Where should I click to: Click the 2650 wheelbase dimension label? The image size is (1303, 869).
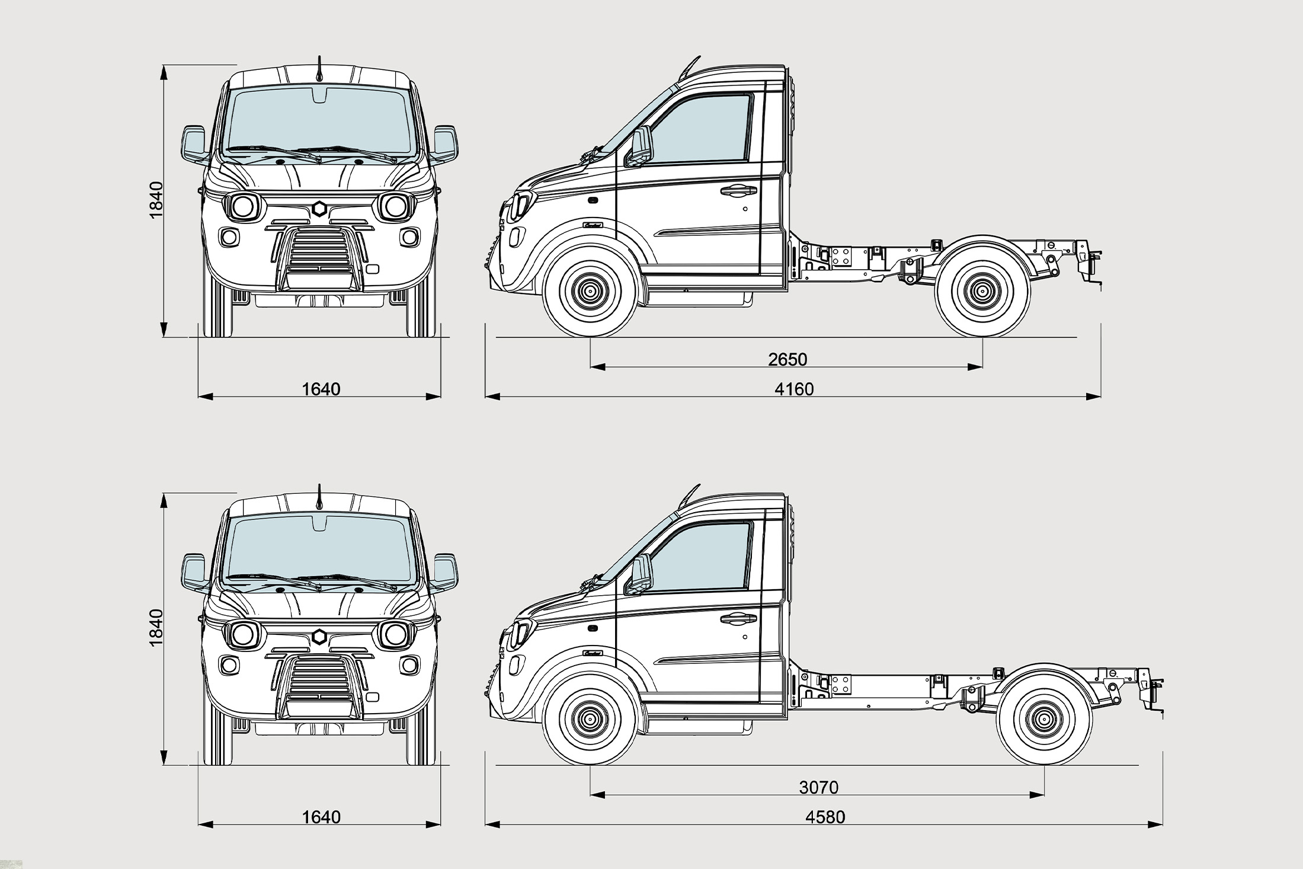point(787,359)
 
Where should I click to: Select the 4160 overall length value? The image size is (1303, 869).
point(794,389)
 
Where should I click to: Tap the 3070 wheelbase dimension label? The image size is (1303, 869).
point(819,787)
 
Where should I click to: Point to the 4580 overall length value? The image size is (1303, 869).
point(825,817)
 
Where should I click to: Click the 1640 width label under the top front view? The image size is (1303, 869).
point(321,389)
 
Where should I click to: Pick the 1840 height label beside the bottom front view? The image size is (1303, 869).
point(156,627)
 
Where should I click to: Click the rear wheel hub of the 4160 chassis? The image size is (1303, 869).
point(982,290)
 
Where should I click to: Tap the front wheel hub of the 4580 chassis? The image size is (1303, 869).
point(590,718)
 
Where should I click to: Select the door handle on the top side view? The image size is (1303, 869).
point(738,191)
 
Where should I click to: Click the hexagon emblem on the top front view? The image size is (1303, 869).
point(319,209)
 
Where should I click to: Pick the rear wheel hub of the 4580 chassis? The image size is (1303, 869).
point(1043,718)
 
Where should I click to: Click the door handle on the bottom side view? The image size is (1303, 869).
point(738,619)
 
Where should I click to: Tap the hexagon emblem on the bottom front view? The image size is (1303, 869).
point(319,637)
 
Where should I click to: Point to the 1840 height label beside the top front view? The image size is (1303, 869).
point(156,199)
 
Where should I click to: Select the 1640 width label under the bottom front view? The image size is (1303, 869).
point(321,817)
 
